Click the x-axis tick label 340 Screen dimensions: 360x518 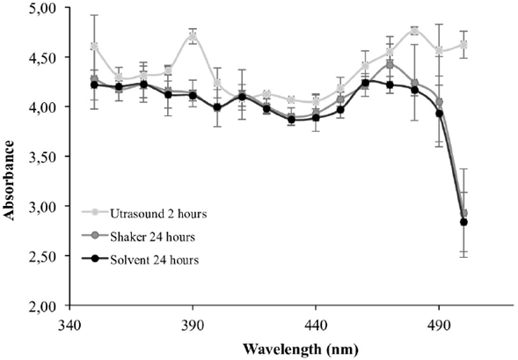[x=69, y=323]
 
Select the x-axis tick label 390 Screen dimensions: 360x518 [x=192, y=323]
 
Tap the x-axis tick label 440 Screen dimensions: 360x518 [x=316, y=323]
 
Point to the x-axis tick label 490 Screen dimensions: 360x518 [x=439, y=323]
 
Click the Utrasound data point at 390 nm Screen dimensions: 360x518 [x=192, y=37]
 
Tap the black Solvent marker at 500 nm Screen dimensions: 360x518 [x=463, y=222]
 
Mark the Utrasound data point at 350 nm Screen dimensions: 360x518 [x=93, y=46]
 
